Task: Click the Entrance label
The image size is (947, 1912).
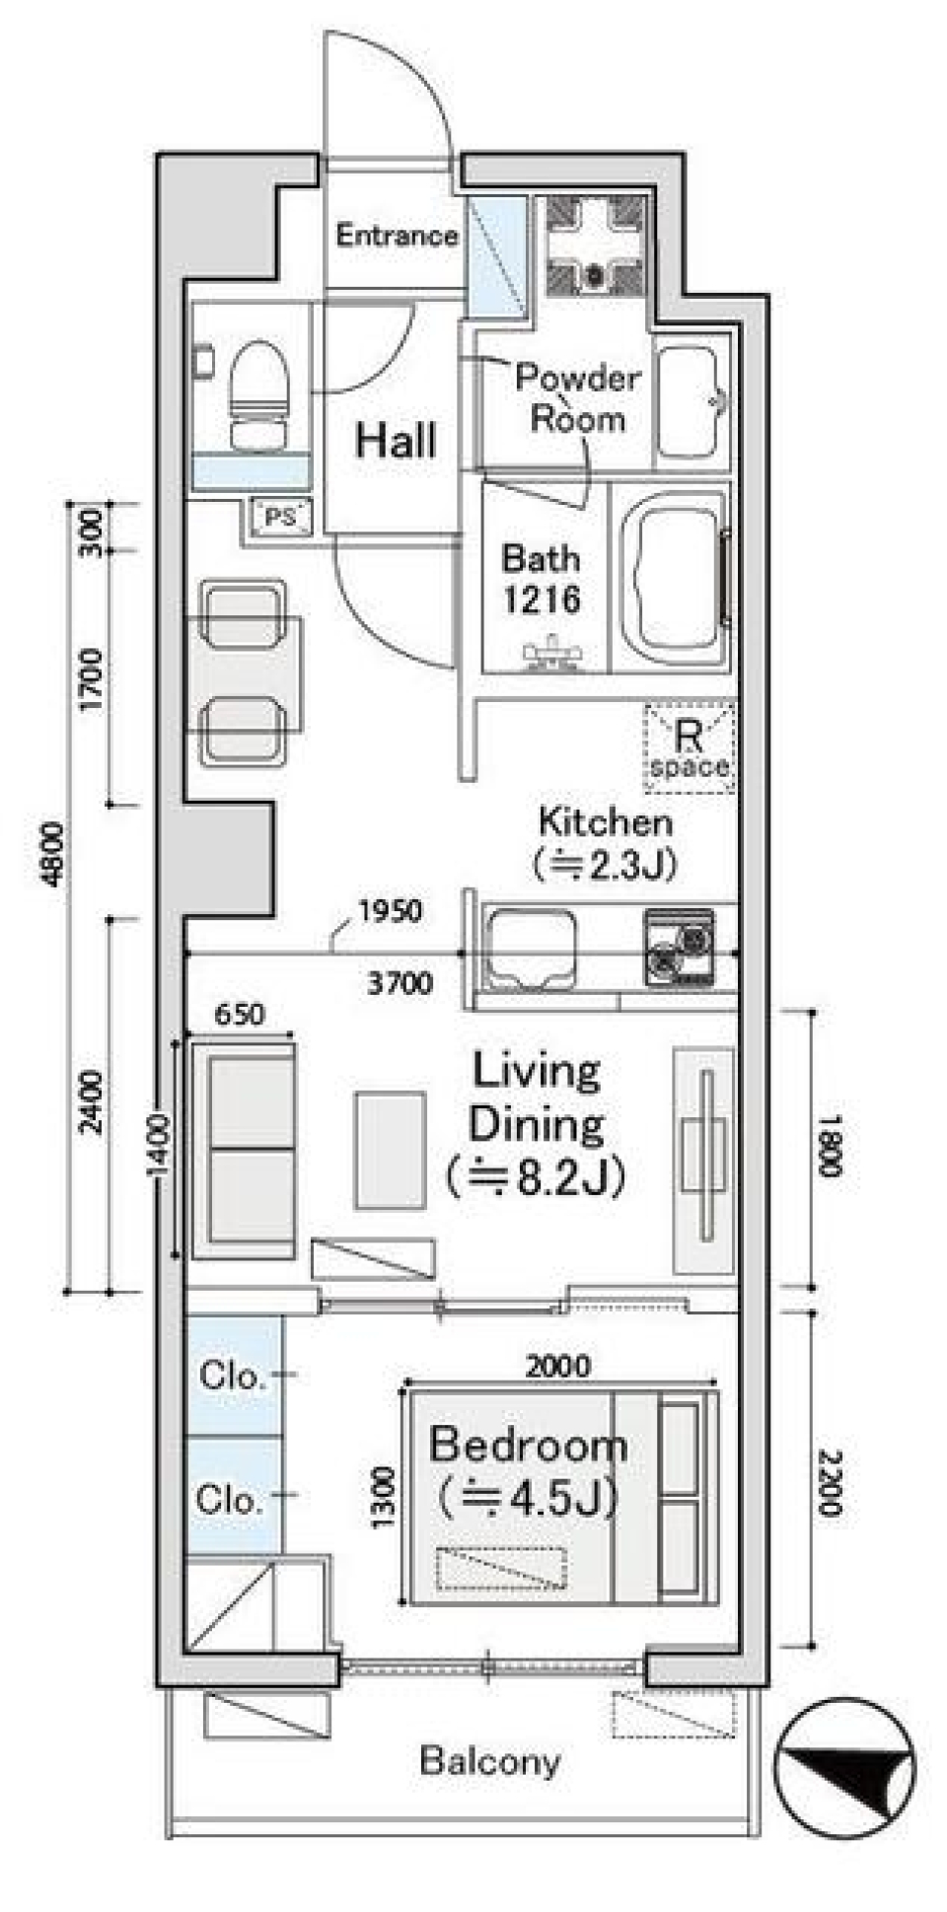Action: pyautogui.click(x=397, y=235)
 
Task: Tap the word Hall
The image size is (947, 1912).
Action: pyautogui.click(x=396, y=440)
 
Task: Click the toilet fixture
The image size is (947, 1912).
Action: pyautogui.click(x=259, y=395)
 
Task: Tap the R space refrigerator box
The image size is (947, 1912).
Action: pyautogui.click(x=689, y=748)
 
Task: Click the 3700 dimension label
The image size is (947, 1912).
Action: pyautogui.click(x=400, y=982)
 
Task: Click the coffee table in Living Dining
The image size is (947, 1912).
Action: pyautogui.click(x=391, y=1149)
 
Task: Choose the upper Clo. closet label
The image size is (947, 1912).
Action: pyautogui.click(x=232, y=1375)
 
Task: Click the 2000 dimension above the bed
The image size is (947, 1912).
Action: pyautogui.click(x=558, y=1366)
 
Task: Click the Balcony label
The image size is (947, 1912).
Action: pyautogui.click(x=489, y=1760)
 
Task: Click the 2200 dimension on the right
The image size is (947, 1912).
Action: pyautogui.click(x=829, y=1482)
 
